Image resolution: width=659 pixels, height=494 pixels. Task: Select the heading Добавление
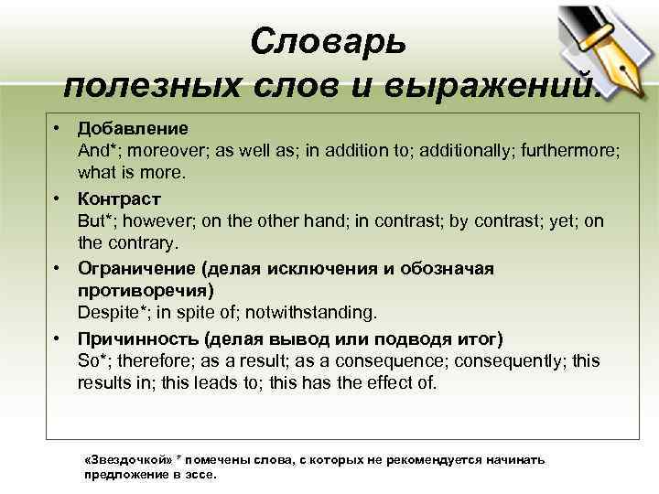pos(133,127)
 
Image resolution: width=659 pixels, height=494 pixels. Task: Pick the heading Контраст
pos(119,198)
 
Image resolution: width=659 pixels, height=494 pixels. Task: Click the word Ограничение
pos(137,268)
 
